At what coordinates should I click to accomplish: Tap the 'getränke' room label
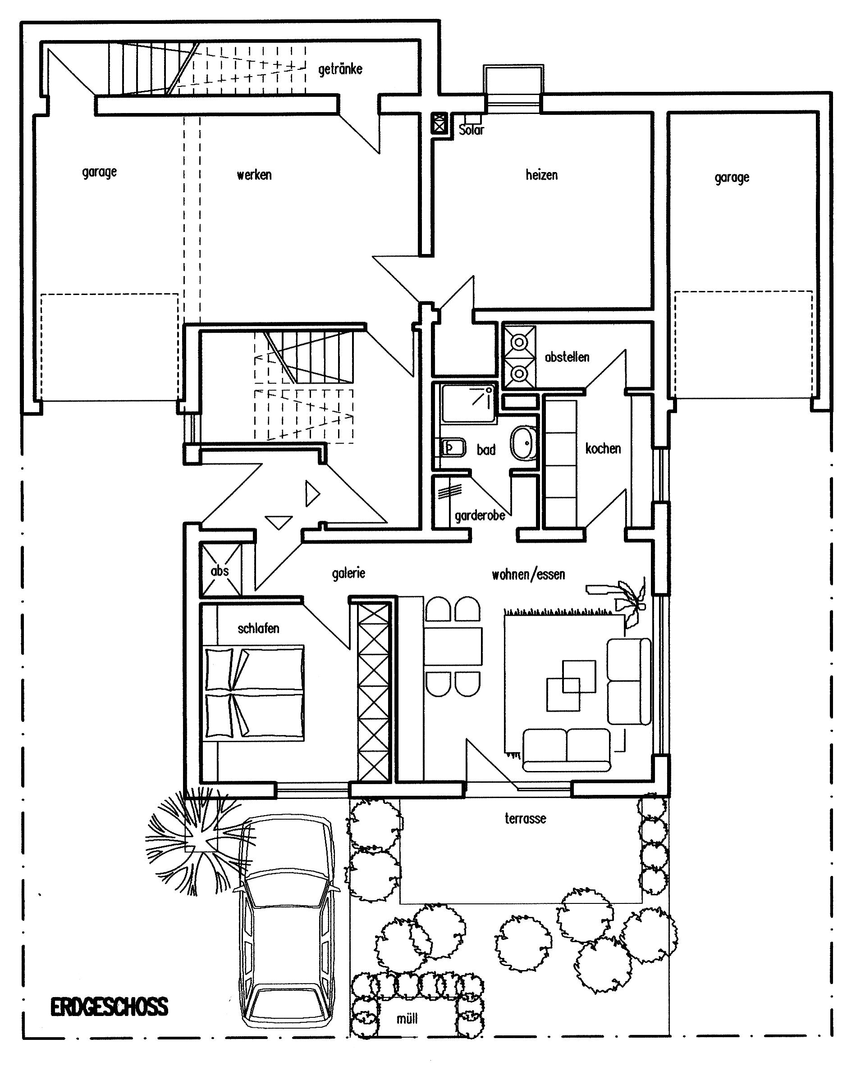[x=340, y=69]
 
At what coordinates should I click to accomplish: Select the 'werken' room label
[x=254, y=175]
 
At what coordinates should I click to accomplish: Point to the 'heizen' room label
[x=541, y=175]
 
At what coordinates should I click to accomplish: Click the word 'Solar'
[x=471, y=130]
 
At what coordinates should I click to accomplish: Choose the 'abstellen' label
[x=567, y=357]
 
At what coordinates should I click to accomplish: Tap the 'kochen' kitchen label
[x=603, y=449]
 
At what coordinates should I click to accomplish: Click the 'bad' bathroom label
[x=486, y=449]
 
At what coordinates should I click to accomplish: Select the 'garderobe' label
[x=480, y=516]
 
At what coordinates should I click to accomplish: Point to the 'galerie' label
[x=348, y=573]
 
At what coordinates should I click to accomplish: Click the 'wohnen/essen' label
[x=528, y=574]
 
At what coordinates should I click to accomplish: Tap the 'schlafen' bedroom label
[x=258, y=628]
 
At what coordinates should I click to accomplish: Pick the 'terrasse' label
[x=525, y=818]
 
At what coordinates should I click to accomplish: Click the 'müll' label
[x=407, y=1018]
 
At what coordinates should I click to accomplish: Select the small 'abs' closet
[x=220, y=570]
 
